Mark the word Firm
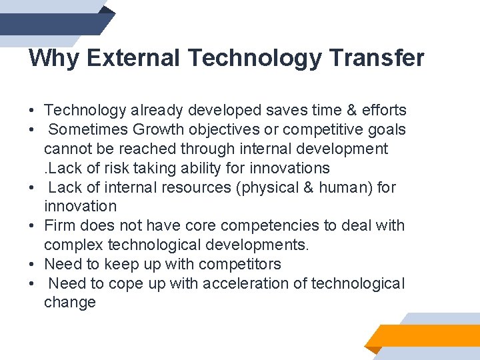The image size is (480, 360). pyautogui.click(x=59, y=225)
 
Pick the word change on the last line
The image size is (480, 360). pyautogui.click(x=70, y=303)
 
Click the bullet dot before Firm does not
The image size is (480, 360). pyautogui.click(x=32, y=226)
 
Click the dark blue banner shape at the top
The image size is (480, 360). pyautogui.click(x=53, y=23)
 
